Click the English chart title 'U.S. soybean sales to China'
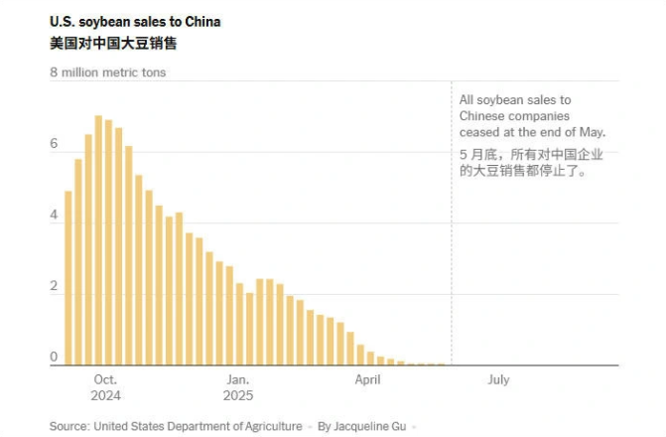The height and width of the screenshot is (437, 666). pyautogui.click(x=135, y=22)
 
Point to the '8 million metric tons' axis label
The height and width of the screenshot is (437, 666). pyautogui.click(x=108, y=73)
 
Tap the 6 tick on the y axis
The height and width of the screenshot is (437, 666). pyautogui.click(x=55, y=144)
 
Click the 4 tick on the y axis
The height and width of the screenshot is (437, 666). pyautogui.click(x=55, y=216)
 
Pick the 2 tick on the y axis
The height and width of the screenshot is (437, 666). pyautogui.click(x=55, y=287)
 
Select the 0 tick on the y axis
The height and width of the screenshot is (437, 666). pyautogui.click(x=55, y=358)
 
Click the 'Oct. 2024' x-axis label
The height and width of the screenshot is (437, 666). pyautogui.click(x=105, y=387)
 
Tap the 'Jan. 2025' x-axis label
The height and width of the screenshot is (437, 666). pyautogui.click(x=238, y=387)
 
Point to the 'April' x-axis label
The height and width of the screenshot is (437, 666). pyautogui.click(x=367, y=380)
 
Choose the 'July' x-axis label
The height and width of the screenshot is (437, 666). pyautogui.click(x=498, y=380)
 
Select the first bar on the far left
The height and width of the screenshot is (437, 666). pyautogui.click(x=68, y=278)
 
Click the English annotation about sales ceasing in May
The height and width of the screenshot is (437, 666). pyautogui.click(x=531, y=116)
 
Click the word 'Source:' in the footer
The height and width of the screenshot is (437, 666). pyautogui.click(x=68, y=426)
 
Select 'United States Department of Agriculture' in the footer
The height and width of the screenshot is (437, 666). pyautogui.click(x=198, y=426)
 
